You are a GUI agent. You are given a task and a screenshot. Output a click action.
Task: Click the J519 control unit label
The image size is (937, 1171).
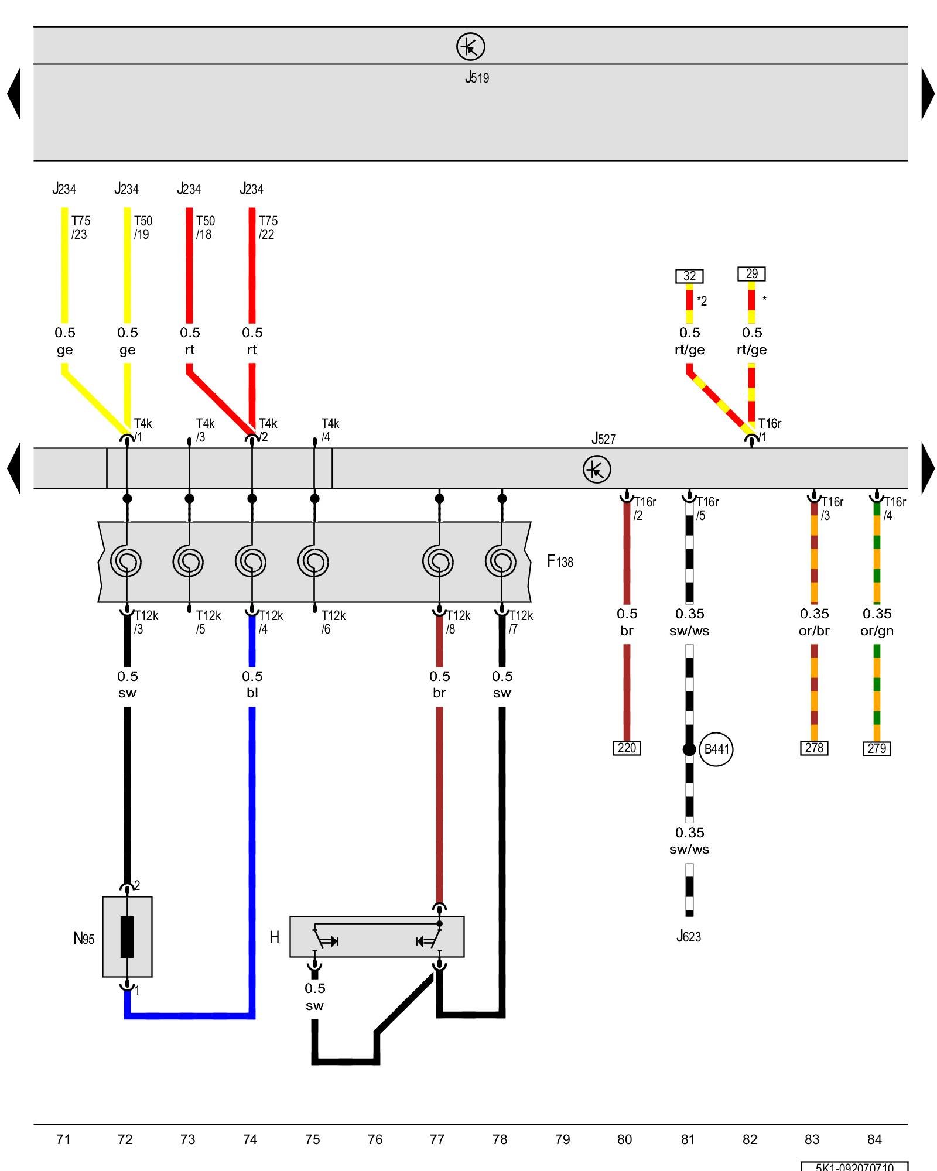click(x=477, y=77)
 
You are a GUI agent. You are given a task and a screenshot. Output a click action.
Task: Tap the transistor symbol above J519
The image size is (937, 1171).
click(x=470, y=46)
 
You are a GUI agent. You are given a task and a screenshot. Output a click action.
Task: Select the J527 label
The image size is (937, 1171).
click(x=603, y=439)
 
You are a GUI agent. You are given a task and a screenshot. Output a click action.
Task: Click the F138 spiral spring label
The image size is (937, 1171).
click(x=560, y=561)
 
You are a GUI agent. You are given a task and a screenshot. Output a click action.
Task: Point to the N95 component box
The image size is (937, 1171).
click(x=127, y=937)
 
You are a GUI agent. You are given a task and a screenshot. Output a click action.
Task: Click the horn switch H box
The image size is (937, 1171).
click(x=377, y=937)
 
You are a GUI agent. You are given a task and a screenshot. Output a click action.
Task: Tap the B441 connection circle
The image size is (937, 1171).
click(x=716, y=749)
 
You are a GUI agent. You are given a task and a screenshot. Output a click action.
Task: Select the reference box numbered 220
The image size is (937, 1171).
click(x=627, y=748)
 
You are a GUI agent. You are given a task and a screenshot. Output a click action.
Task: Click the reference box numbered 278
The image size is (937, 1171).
click(x=814, y=748)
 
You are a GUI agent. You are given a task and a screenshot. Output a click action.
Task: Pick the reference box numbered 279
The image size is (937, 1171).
click(x=877, y=748)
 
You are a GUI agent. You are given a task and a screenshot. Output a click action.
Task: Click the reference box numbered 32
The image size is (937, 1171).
click(x=689, y=276)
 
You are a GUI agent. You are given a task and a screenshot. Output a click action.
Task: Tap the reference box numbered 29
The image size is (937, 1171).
click(x=751, y=273)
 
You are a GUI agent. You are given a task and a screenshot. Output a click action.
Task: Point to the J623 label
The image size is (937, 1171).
click(x=689, y=936)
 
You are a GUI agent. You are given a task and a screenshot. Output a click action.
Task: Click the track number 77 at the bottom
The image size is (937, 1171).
click(x=437, y=1139)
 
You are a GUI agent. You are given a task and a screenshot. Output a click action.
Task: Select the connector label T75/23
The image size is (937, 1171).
click(x=81, y=228)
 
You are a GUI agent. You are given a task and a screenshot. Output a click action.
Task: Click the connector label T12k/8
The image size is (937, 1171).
click(x=457, y=622)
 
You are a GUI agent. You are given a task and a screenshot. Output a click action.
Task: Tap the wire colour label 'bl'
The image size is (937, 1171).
click(x=252, y=693)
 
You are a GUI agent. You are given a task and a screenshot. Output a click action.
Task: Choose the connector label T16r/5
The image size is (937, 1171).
click(x=707, y=508)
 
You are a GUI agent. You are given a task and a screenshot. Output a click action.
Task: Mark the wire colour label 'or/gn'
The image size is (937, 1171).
click(x=877, y=631)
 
